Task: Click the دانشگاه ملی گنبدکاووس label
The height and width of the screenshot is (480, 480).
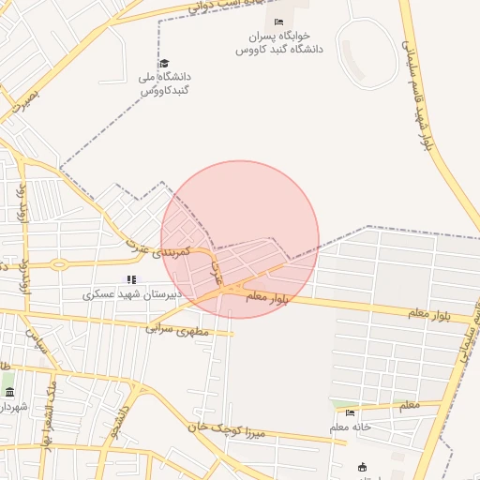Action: click(x=166, y=83)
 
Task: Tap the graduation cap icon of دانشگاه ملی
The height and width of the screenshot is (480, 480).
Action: click(x=165, y=63)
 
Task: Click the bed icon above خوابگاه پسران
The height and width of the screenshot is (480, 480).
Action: click(x=277, y=22)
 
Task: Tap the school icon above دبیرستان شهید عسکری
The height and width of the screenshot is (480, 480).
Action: click(x=131, y=278)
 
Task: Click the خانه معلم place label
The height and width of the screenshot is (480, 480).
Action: click(x=351, y=427)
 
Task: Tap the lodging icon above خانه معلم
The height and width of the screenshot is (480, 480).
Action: click(x=351, y=412)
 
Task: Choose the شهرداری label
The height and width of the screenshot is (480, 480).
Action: click(x=13, y=407)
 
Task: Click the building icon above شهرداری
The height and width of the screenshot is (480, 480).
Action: click(x=9, y=391)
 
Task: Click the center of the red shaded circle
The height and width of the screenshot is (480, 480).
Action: click(x=240, y=239)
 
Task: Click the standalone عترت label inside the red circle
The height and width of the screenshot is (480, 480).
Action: click(x=217, y=271)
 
